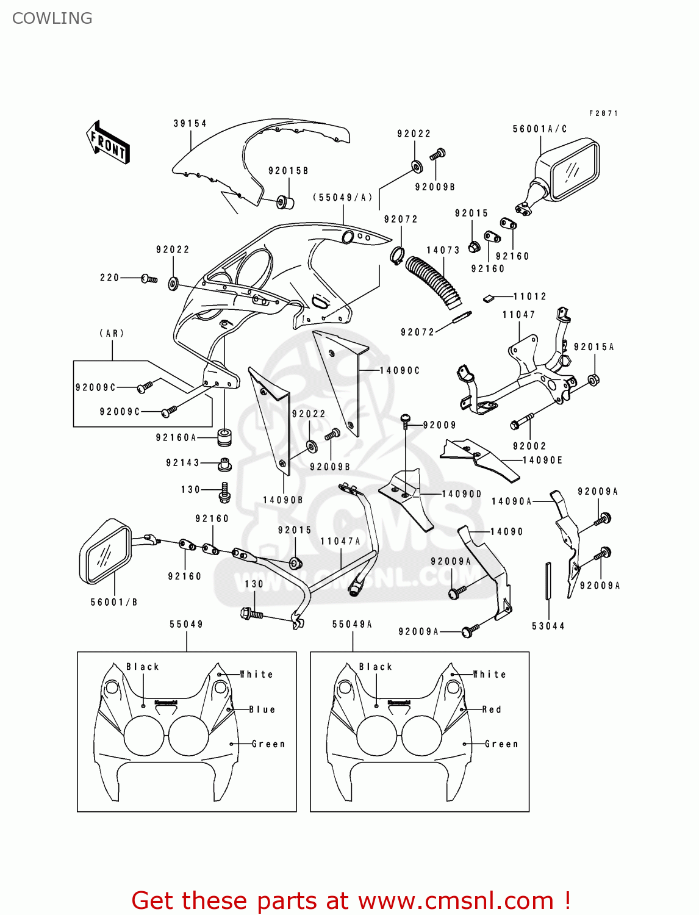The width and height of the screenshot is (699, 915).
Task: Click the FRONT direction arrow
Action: point(109,143)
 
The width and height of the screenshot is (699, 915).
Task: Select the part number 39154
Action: point(190,123)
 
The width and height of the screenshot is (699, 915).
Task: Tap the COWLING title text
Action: point(52,18)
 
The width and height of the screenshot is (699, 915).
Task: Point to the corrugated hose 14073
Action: point(434,281)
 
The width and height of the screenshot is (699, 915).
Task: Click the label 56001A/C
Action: point(540,129)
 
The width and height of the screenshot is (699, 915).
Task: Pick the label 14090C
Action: point(400,370)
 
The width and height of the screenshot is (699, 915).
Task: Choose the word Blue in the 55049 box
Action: point(262,709)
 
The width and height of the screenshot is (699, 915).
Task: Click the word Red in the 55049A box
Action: point(492,709)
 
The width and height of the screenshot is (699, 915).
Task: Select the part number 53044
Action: point(548,626)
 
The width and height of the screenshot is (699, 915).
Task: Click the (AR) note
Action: point(112,333)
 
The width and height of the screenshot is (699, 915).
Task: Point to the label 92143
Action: point(182,463)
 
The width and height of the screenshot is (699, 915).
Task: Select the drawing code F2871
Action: point(603,113)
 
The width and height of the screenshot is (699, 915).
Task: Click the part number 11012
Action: point(529,296)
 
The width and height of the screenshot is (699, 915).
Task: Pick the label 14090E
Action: point(542,461)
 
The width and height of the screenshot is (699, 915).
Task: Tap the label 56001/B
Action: point(114,602)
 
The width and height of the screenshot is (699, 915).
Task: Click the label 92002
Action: point(529,446)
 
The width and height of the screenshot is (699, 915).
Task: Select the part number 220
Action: point(110,278)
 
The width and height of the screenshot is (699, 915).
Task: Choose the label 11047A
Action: point(340,541)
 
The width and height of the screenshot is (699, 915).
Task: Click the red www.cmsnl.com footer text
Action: point(351,900)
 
